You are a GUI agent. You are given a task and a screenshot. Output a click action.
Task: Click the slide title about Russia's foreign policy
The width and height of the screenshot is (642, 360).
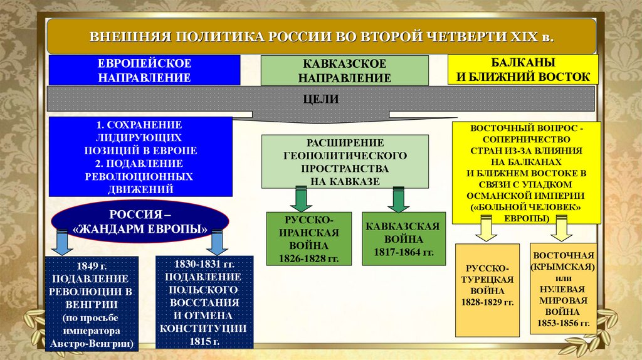point(321,36)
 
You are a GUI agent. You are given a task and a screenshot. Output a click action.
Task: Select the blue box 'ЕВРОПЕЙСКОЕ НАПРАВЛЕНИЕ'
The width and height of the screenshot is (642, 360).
point(144,70)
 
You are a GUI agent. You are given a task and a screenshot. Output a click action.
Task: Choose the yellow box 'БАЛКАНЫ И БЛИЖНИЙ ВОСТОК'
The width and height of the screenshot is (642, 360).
point(524,70)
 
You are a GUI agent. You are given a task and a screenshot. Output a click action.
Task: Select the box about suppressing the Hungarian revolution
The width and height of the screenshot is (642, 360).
point(92,302)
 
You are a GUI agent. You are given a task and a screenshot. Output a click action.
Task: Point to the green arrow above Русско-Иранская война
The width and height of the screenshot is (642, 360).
point(301,199)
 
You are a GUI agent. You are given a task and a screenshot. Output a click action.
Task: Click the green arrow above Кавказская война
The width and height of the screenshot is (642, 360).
point(398,199)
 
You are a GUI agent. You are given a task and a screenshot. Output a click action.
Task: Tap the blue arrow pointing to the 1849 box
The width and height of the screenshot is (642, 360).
point(61,242)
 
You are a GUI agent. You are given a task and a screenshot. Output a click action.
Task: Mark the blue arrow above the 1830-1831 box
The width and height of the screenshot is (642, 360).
point(216,242)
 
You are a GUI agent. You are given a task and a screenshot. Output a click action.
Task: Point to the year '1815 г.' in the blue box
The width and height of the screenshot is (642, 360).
point(204,342)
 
